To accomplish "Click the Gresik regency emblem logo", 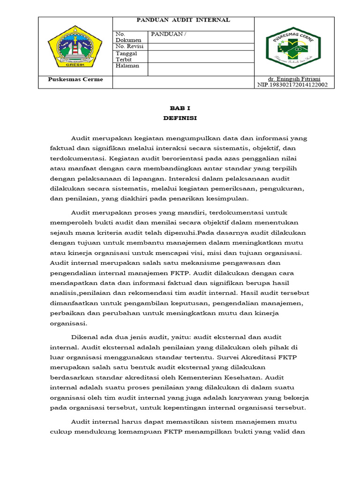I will coord(75,45).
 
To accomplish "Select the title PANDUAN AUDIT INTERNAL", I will coord(183,20).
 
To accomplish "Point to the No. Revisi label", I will coord(129,46).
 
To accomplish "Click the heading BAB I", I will coord(180,107).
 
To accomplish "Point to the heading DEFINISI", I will coord(180,118).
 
